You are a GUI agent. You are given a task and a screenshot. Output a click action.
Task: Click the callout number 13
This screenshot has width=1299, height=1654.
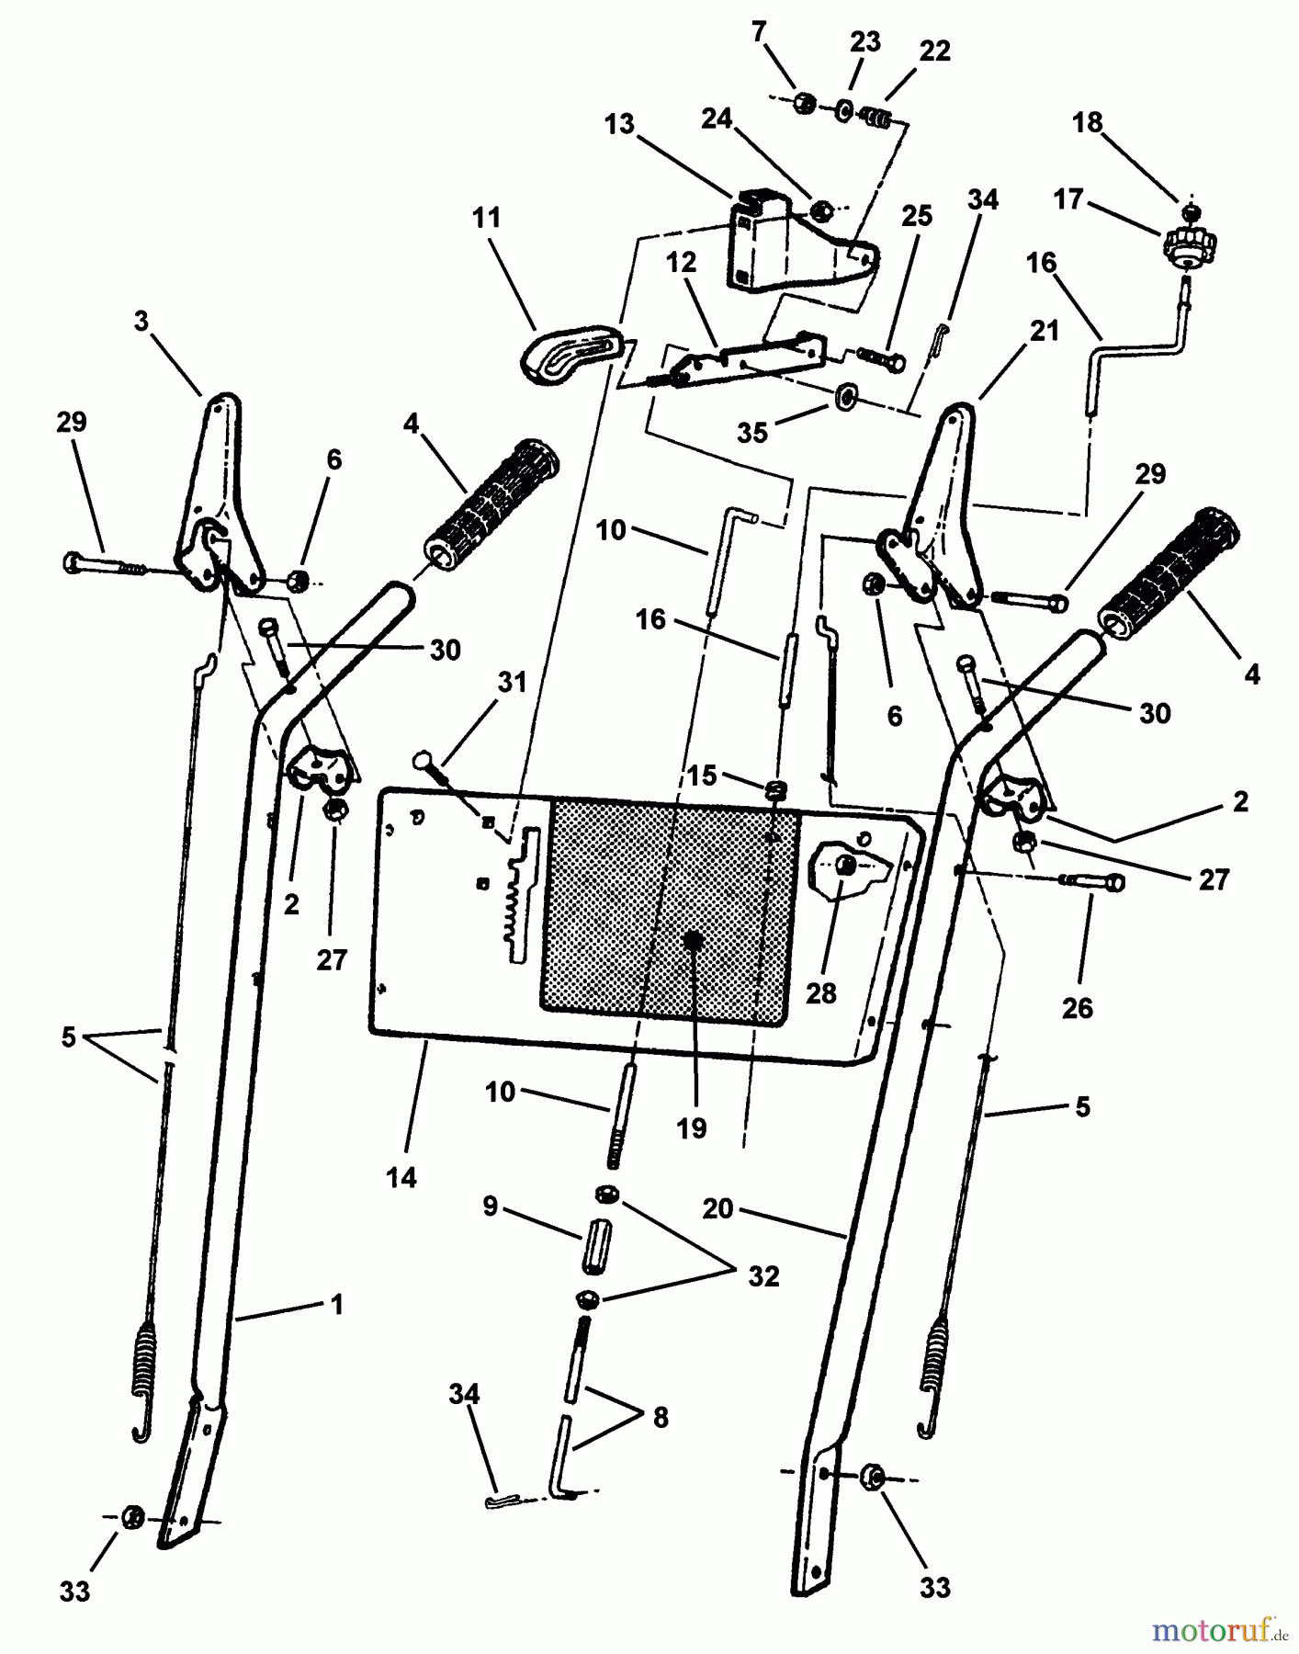coord(620,124)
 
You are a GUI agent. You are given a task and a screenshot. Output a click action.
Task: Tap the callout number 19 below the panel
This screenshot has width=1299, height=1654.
coord(692,1129)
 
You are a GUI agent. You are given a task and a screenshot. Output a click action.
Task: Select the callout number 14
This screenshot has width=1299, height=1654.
coord(401,1177)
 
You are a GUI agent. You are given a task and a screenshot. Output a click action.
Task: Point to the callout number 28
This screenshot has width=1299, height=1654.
coord(821,993)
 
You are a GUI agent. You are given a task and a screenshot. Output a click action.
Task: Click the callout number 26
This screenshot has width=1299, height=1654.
coord(1077,1008)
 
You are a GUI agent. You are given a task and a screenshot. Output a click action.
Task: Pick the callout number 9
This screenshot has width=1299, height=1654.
coord(491,1206)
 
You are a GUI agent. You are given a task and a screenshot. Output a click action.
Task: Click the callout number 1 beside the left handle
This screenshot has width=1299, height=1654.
coord(337,1304)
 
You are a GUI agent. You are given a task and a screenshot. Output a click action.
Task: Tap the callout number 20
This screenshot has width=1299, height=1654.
coord(717,1209)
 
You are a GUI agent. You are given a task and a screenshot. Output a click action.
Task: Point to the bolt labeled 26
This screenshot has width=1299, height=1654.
coord(1093,881)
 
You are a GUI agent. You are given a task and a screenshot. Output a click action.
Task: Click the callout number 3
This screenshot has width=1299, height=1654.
coord(141,321)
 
